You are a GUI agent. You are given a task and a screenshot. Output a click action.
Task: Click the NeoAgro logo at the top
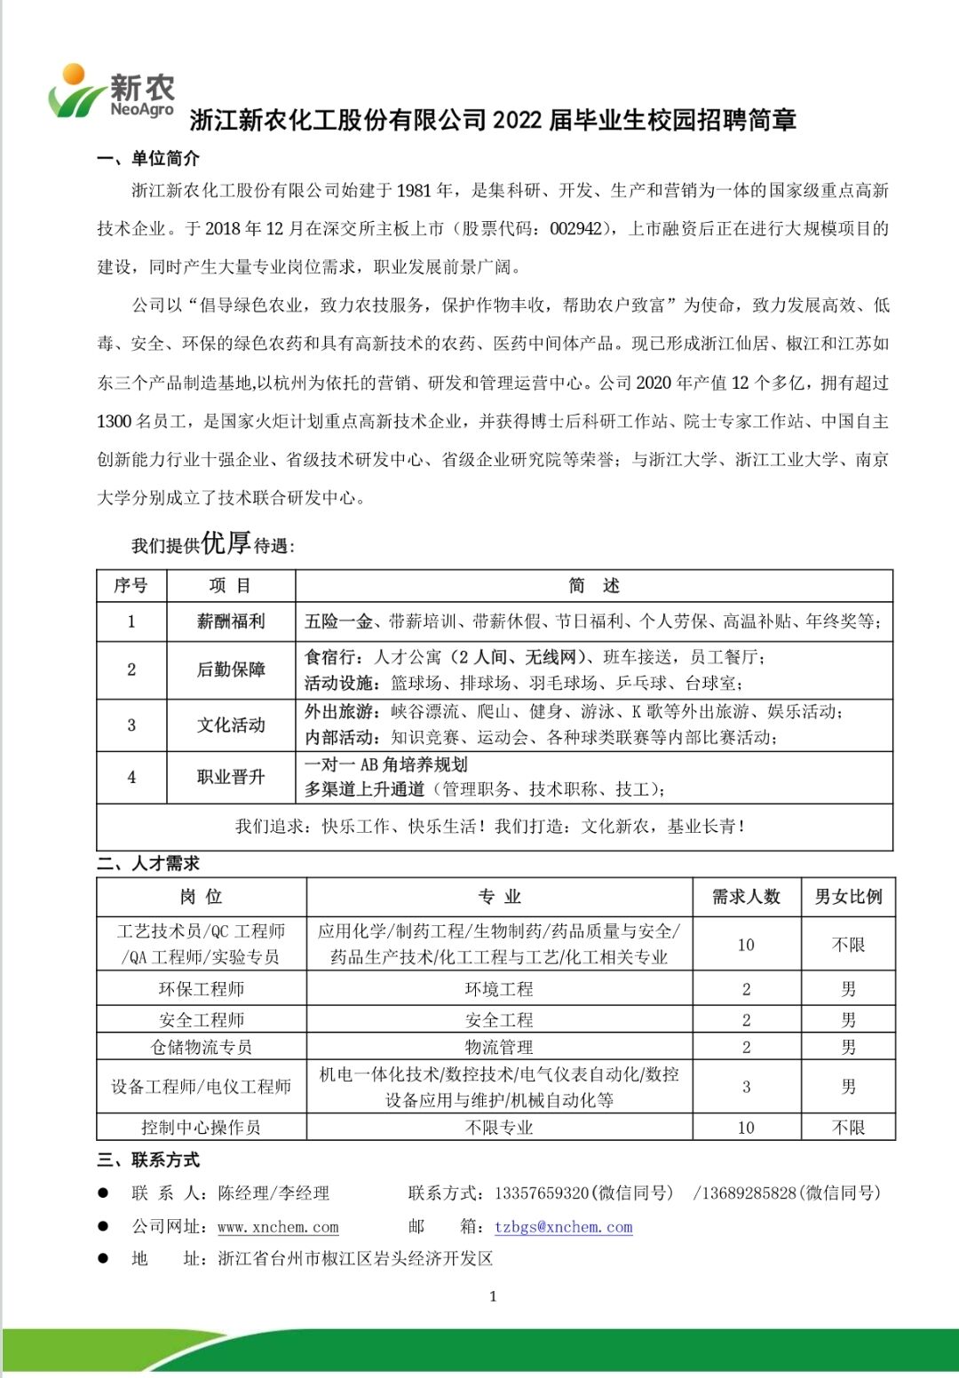click(x=111, y=91)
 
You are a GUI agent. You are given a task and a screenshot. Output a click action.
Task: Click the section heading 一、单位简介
click(x=148, y=159)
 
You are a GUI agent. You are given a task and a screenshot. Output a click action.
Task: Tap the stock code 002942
click(x=575, y=229)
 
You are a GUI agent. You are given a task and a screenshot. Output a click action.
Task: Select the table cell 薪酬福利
click(x=231, y=622)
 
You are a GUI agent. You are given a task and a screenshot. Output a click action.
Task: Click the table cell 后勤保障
click(x=231, y=669)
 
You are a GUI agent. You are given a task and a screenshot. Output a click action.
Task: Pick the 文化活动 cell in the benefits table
click(x=231, y=725)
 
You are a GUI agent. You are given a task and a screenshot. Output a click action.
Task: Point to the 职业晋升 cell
click(x=231, y=777)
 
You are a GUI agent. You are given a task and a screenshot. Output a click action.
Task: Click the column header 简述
click(x=593, y=585)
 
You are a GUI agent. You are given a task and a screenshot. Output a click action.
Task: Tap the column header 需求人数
click(x=746, y=897)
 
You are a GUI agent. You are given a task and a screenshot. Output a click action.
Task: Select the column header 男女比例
click(x=848, y=897)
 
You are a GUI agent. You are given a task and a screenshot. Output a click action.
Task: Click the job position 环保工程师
click(x=202, y=989)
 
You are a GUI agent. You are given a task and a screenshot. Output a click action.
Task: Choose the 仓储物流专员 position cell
click(x=202, y=1047)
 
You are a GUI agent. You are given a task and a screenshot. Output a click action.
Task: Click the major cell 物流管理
click(x=499, y=1047)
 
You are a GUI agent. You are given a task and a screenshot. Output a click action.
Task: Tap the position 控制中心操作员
click(x=202, y=1128)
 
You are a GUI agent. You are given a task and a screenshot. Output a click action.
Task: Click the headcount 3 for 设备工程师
click(x=746, y=1087)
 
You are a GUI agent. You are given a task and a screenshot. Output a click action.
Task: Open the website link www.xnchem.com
click(x=278, y=1227)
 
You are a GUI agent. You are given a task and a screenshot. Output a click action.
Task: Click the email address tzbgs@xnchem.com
click(x=563, y=1227)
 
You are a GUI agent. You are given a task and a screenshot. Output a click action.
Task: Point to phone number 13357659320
click(x=542, y=1193)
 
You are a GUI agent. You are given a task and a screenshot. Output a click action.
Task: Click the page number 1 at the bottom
click(x=493, y=1296)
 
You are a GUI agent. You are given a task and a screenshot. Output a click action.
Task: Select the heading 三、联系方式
click(x=148, y=1160)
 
